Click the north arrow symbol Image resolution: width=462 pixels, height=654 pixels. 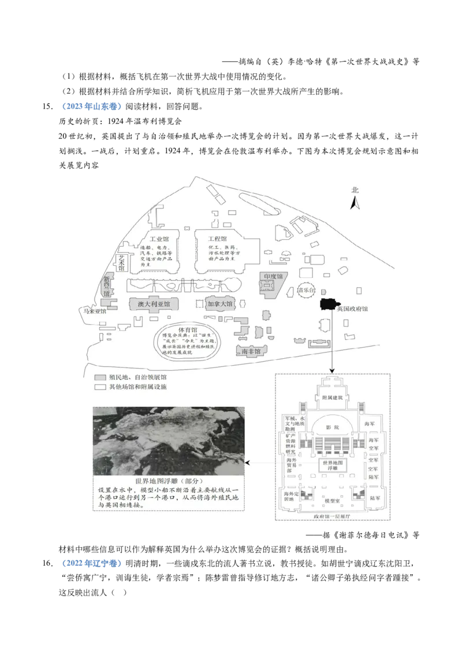coord(356,202)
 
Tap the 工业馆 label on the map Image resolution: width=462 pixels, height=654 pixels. coord(159,239)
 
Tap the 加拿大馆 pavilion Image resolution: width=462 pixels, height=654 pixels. coord(219,304)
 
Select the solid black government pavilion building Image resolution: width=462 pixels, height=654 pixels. coord(327,304)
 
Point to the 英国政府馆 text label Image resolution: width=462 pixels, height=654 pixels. coord(352,309)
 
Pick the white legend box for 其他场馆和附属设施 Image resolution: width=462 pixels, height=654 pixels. coord(99,387)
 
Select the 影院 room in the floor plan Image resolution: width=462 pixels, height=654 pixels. coord(332,428)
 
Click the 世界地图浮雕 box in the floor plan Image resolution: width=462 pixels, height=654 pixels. coord(331,465)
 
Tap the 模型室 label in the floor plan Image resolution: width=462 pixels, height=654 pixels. coord(332,501)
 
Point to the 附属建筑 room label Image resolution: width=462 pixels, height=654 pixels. coord(332,397)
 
